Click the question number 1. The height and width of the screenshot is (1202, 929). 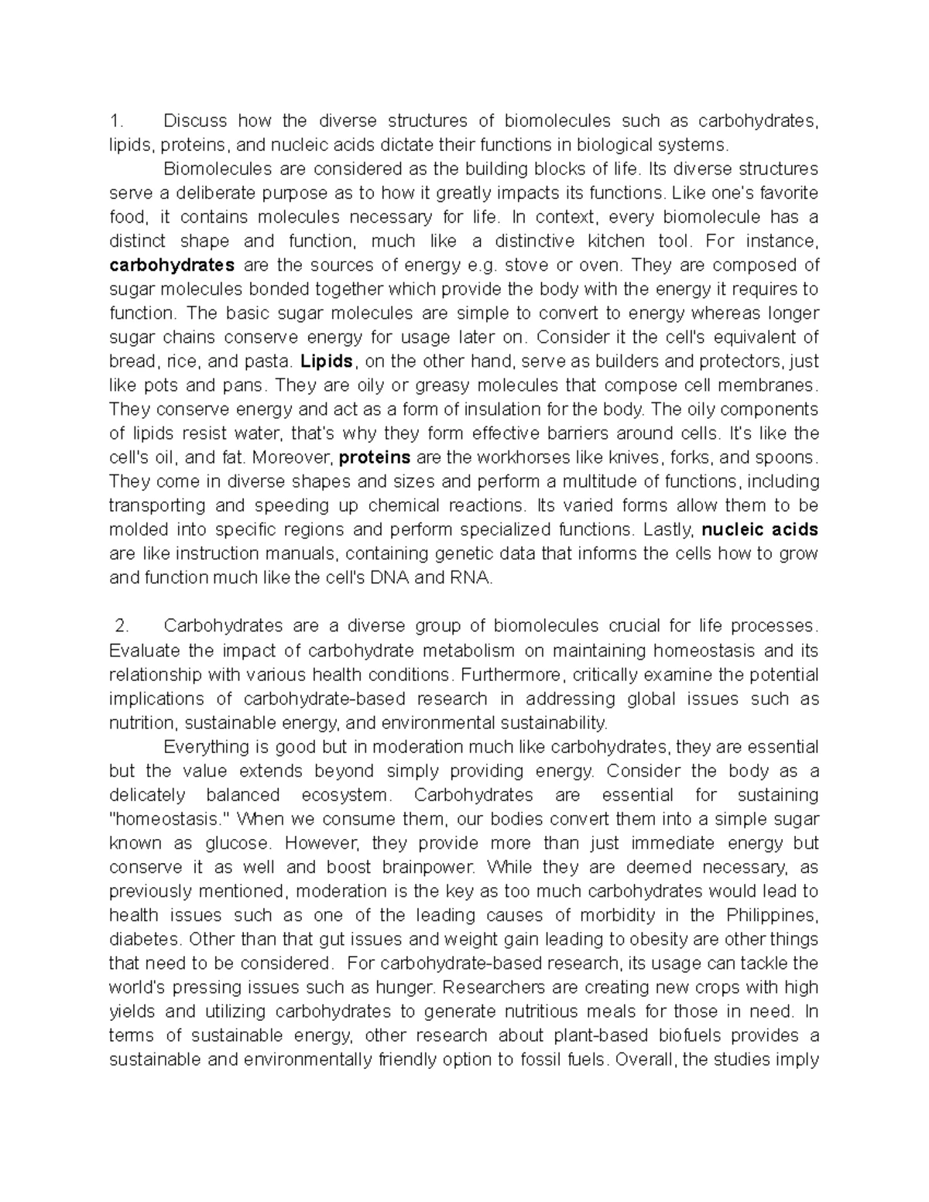pos(116,121)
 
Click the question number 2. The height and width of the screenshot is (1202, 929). pos(120,625)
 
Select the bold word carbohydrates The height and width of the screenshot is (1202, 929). pos(172,265)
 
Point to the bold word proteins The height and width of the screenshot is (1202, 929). pos(375,457)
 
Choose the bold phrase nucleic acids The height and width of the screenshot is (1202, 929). pos(759,529)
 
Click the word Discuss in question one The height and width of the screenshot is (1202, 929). pos(195,121)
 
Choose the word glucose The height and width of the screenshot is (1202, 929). pos(236,843)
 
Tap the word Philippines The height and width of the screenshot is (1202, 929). pos(771,915)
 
